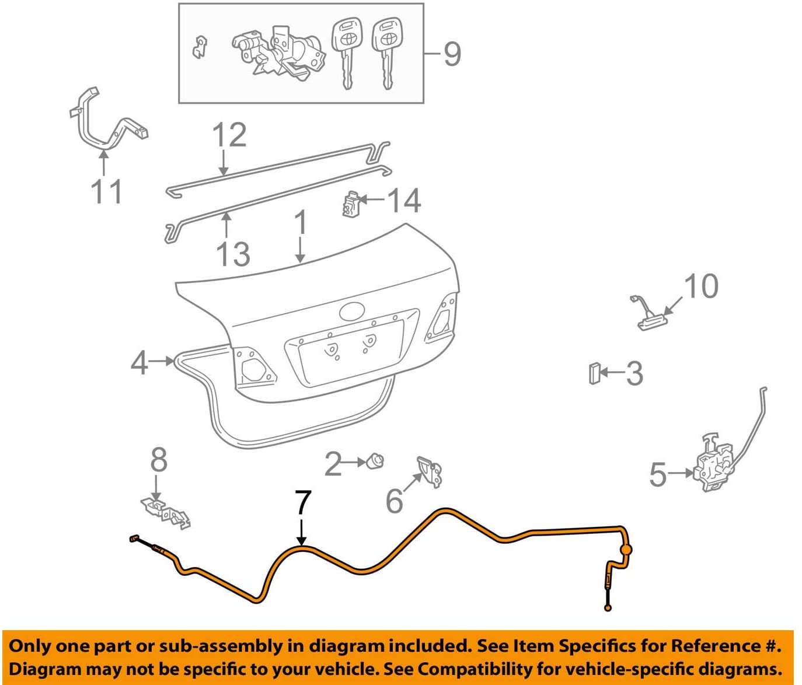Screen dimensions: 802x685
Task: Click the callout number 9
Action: pos(452,54)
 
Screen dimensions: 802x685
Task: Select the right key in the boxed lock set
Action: pos(386,53)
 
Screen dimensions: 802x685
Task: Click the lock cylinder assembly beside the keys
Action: pos(279,53)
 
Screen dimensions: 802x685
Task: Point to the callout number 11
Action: pos(107,191)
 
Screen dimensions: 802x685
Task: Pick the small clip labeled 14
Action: pos(350,203)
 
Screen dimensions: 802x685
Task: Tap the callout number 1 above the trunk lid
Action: pos(301,222)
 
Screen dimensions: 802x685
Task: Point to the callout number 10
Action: pos(701,286)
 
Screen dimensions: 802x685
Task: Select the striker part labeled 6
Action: pos(430,471)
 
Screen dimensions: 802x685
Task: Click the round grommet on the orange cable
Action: pos(626,550)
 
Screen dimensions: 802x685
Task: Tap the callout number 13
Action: pos(233,254)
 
